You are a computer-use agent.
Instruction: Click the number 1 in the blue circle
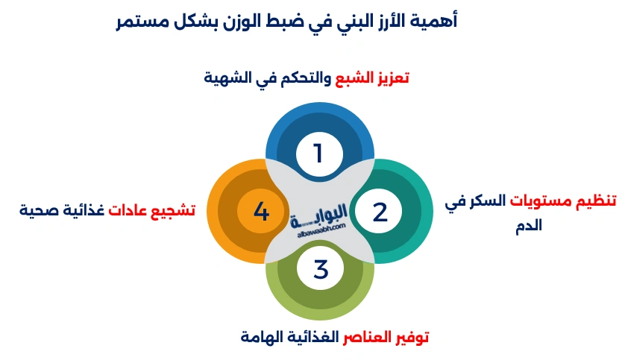coord(318,154)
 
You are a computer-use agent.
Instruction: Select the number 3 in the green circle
coord(321,269)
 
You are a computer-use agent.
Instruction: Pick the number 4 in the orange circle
coord(260,212)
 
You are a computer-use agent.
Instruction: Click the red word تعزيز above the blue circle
coord(392,77)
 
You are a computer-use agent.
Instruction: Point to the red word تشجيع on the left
coord(172,210)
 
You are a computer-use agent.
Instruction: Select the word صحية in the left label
coord(39,210)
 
